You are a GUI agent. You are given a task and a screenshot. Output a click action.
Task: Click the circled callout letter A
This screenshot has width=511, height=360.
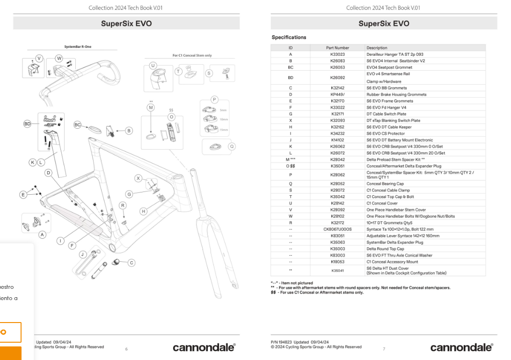click(42, 235)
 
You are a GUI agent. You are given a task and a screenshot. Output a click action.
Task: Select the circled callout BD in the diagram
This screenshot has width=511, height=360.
click(28, 124)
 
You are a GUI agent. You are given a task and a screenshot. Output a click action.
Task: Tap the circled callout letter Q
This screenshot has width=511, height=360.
click(231, 146)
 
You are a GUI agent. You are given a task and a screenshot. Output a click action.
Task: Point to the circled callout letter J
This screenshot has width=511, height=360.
click(82, 254)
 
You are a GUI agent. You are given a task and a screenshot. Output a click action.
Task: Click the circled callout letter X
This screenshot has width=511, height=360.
click(138, 178)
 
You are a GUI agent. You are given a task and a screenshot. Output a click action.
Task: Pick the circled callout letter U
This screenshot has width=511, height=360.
click(153, 65)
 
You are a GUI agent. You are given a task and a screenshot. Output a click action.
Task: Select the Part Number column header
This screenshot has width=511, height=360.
click(337, 48)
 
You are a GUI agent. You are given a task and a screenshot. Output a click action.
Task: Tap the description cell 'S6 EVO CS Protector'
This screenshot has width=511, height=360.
click(386, 133)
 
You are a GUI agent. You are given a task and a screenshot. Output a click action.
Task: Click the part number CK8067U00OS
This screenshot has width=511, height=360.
click(337, 229)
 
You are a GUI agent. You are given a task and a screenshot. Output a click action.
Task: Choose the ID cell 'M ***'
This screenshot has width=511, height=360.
click(290, 160)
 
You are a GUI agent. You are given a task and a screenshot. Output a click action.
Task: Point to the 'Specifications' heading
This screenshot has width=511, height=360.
click(289, 37)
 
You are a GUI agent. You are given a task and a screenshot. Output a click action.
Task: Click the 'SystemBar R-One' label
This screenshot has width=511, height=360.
click(78, 47)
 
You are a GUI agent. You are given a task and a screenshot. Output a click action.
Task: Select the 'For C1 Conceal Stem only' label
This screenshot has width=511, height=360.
click(192, 55)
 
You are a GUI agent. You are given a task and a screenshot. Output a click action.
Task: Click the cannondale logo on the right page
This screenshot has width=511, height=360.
click(461, 347)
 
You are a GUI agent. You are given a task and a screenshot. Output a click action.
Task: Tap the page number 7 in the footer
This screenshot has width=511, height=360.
click(384, 349)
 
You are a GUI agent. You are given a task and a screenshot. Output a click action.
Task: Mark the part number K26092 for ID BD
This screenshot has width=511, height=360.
click(337, 78)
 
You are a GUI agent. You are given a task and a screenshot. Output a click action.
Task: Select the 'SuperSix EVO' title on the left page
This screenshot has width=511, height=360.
click(126, 23)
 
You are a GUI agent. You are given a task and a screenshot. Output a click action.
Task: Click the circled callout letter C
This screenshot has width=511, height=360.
click(131, 263)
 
